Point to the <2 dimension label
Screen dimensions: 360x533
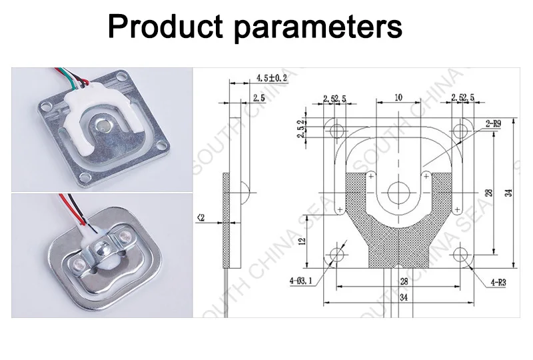[201, 217]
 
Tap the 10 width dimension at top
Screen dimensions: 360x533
[398, 97]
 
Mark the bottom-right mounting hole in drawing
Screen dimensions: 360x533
[461, 254]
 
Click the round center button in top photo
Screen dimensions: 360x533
[102, 124]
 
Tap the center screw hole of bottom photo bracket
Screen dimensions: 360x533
[103, 248]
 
